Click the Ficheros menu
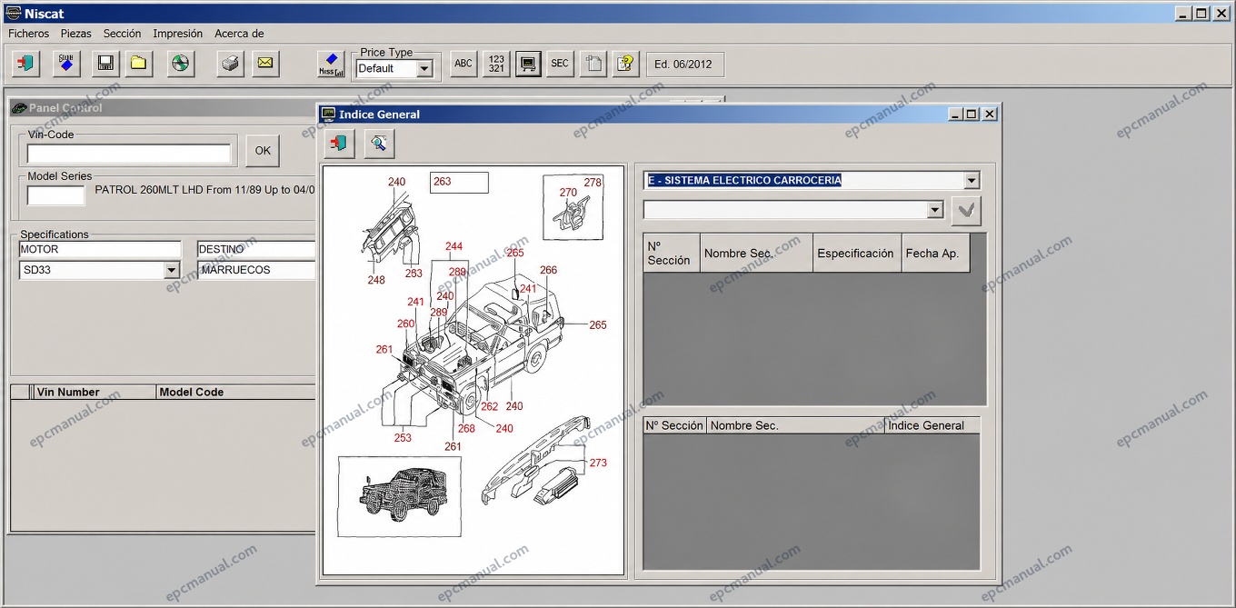pyautogui.click(x=29, y=34)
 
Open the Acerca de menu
pyautogui.click(x=239, y=34)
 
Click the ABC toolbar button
pyautogui.click(x=463, y=64)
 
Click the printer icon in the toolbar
pyautogui.click(x=230, y=64)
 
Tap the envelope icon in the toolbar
pyautogui.click(x=265, y=64)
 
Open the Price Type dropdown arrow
pyautogui.click(x=424, y=69)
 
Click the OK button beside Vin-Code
pyautogui.click(x=263, y=151)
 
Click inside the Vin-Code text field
pyautogui.click(x=128, y=154)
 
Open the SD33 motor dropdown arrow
pyautogui.click(x=172, y=270)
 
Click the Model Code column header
pyautogui.click(x=191, y=393)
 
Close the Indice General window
pyautogui.click(x=990, y=115)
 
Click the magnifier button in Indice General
pyautogui.click(x=379, y=144)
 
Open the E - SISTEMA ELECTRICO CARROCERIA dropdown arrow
pyautogui.click(x=972, y=181)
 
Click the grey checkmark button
pyautogui.click(x=966, y=210)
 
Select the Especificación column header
pyautogui.click(x=856, y=254)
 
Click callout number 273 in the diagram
pyautogui.click(x=598, y=463)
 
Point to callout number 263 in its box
pyautogui.click(x=442, y=182)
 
